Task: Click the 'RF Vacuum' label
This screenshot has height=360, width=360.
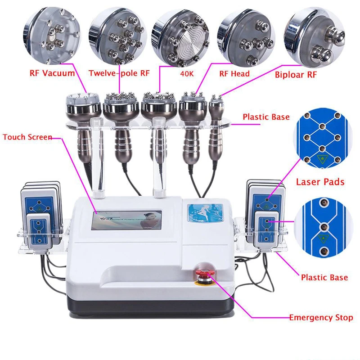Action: pos(52,73)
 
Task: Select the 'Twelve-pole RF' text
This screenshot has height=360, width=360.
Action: pos(118,73)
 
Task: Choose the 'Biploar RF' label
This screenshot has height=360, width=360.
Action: pos(296,74)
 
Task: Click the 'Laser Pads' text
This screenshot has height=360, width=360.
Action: pos(320,182)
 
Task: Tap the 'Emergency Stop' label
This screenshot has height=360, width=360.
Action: pos(321,318)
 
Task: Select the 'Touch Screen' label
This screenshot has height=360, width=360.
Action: pos(27,137)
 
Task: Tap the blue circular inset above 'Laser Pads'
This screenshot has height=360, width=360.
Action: pos(320,139)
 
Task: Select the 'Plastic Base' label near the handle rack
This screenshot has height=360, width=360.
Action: pos(266,117)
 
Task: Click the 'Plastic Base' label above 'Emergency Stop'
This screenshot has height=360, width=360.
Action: pos(324,277)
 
